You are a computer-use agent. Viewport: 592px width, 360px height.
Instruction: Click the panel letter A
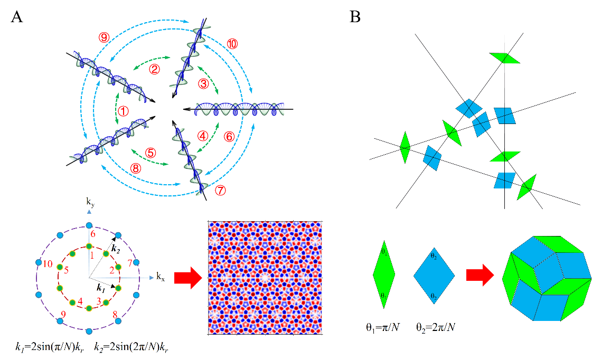(x=17, y=17)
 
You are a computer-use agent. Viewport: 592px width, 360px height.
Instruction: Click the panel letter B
(x=355, y=17)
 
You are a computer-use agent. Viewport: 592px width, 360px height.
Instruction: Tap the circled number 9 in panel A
(x=104, y=37)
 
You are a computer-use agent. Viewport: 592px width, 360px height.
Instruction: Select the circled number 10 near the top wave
(x=232, y=43)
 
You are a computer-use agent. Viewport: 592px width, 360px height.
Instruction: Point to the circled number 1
(x=123, y=111)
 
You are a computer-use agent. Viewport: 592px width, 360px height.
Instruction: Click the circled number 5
(x=151, y=153)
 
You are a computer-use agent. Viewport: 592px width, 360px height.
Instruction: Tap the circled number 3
(x=203, y=83)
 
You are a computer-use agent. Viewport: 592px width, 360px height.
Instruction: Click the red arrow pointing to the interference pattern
(x=187, y=278)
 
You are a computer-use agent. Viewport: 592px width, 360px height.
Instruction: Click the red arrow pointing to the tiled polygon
(x=480, y=274)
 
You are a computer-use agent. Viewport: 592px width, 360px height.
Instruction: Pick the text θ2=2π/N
(x=436, y=328)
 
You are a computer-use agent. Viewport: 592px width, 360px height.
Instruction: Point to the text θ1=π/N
(x=384, y=328)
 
